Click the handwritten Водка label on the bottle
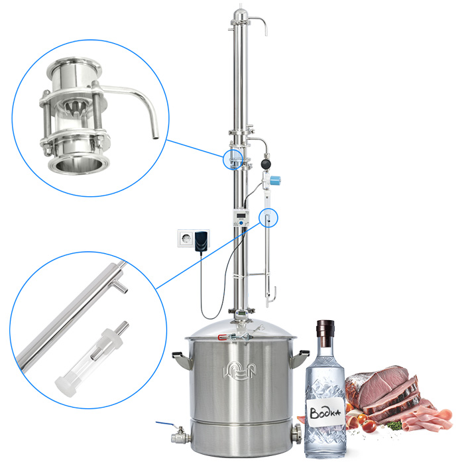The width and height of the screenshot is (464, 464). click(x=325, y=412)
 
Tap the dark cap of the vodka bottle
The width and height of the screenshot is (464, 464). click(x=325, y=333)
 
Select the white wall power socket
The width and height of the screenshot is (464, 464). click(x=186, y=238)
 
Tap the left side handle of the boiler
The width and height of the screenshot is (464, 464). click(x=181, y=359)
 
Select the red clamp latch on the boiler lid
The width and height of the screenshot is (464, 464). click(x=222, y=337)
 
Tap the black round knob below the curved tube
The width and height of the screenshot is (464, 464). click(x=266, y=164)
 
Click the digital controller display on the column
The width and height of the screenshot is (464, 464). click(x=241, y=215)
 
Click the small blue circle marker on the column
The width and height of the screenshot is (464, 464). click(x=233, y=159)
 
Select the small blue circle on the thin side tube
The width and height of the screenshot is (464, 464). click(x=268, y=218)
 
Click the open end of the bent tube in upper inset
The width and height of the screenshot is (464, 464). click(x=155, y=137)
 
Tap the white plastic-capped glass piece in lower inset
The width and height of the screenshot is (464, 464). click(x=92, y=358)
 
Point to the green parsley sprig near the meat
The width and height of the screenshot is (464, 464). click(x=394, y=426)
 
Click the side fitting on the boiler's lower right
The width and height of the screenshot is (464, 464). click(x=296, y=434)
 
